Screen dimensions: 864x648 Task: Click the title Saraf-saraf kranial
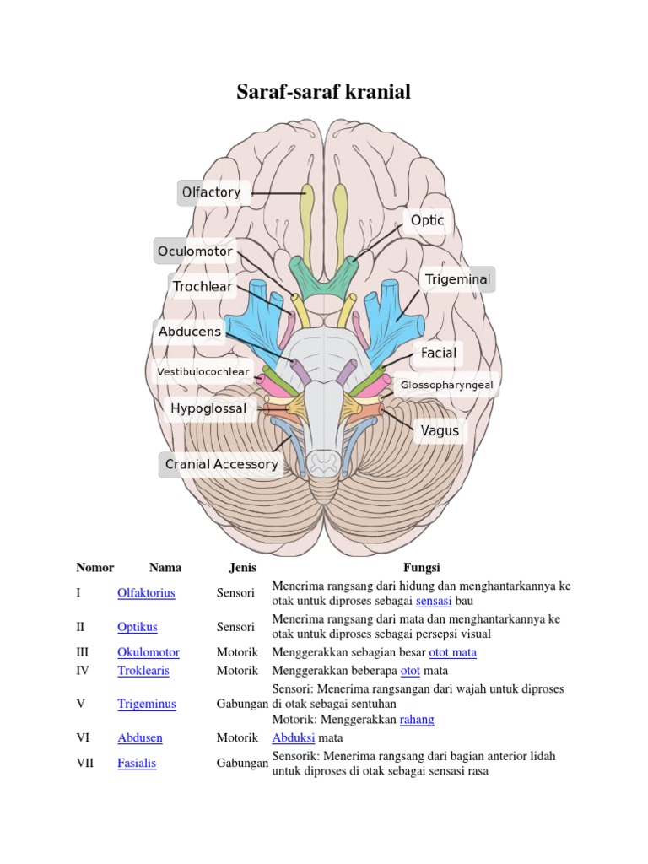point(324,92)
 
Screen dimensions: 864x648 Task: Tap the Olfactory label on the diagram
point(212,192)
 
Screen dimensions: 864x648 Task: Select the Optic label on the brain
point(427,221)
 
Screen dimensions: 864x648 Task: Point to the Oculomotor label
point(195,251)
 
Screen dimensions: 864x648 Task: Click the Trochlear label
point(202,287)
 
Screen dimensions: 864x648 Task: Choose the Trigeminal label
point(457,279)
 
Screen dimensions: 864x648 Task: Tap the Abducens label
point(190,332)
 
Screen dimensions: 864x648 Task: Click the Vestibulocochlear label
point(203,371)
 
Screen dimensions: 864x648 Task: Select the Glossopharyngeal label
point(446,385)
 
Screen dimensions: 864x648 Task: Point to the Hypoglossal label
point(208,409)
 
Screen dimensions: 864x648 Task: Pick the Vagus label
point(440,431)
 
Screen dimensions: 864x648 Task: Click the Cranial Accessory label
point(221,464)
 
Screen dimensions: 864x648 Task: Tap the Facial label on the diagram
point(439,354)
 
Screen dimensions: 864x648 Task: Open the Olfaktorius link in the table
point(146,593)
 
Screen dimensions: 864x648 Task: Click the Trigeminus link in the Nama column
point(147,704)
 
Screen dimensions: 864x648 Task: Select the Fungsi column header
point(421,568)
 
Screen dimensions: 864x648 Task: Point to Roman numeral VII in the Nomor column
point(84,763)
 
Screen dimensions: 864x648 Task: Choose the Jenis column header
point(243,568)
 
